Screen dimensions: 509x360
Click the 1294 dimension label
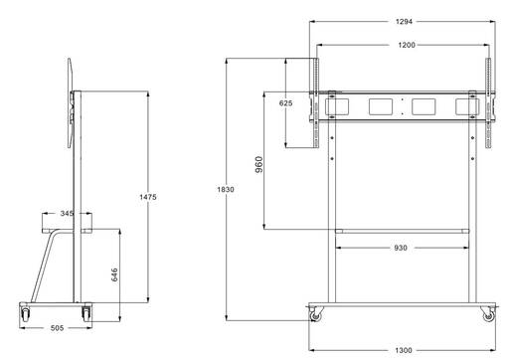pos(404,22)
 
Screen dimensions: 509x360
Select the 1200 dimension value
pos(407,45)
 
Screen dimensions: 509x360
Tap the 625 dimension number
pos(285,103)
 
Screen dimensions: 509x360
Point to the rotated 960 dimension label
pos(259,164)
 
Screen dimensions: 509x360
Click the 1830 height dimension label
pos(226,189)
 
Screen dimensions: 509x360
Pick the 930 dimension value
pos(401,248)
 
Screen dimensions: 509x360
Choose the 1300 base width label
pos(404,350)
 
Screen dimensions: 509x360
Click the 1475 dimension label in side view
pos(148,197)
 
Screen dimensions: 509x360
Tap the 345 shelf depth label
pos(67,213)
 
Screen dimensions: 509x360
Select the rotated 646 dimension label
pos(114,274)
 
